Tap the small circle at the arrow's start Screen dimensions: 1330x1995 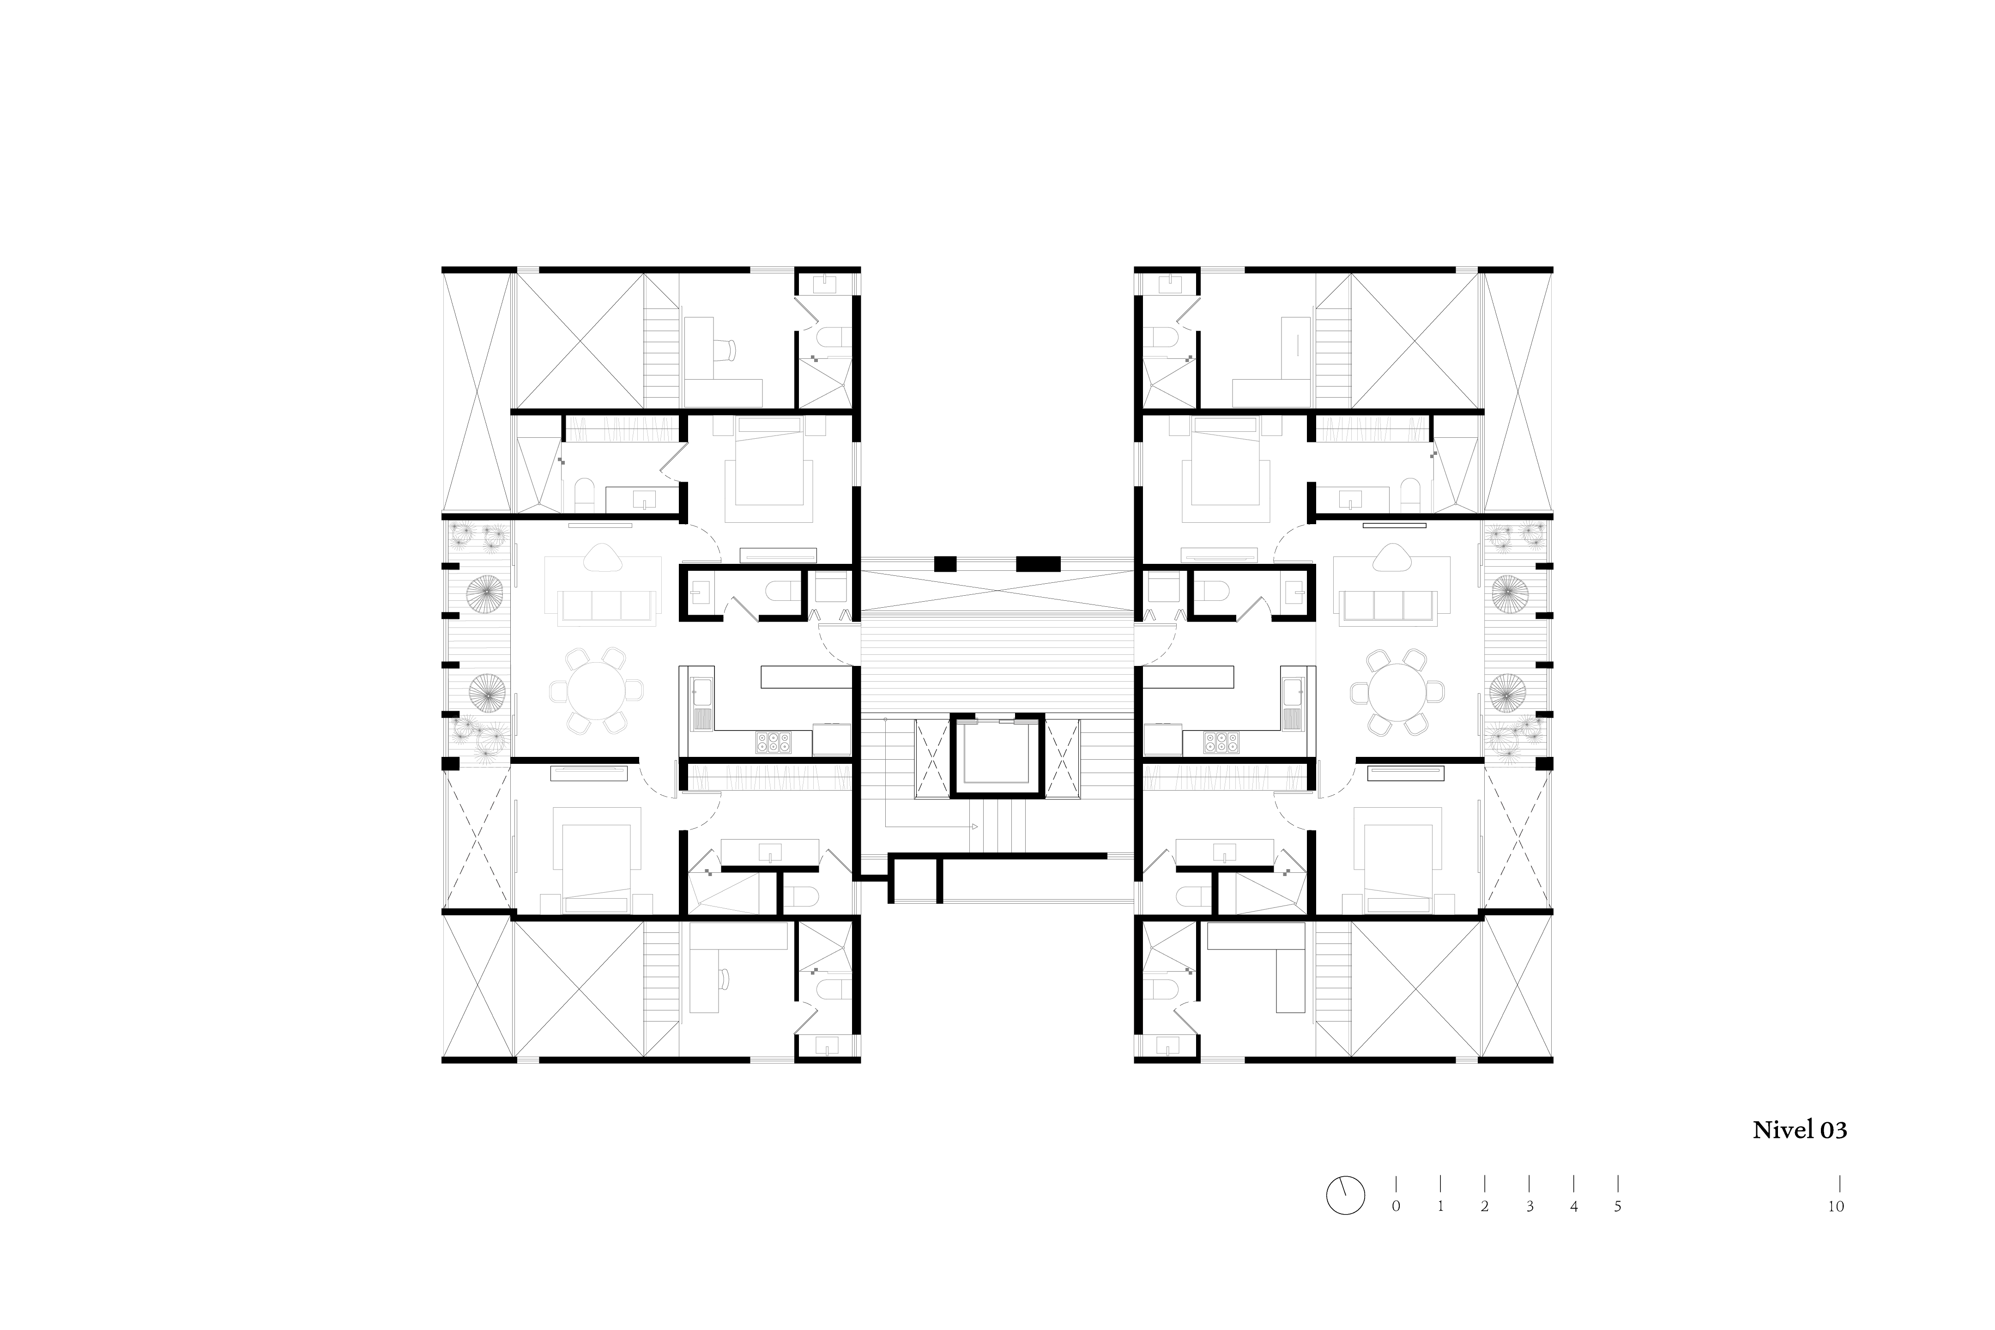[x=886, y=719]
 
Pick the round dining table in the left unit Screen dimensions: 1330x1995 [x=595, y=690]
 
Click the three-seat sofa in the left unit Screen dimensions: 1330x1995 [x=606, y=605]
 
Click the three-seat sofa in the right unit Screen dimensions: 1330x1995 [x=1389, y=605]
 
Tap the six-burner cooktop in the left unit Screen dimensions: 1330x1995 [x=774, y=742]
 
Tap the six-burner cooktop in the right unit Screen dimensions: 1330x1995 [x=1221, y=742]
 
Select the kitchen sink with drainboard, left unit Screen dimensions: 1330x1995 [x=701, y=704]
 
